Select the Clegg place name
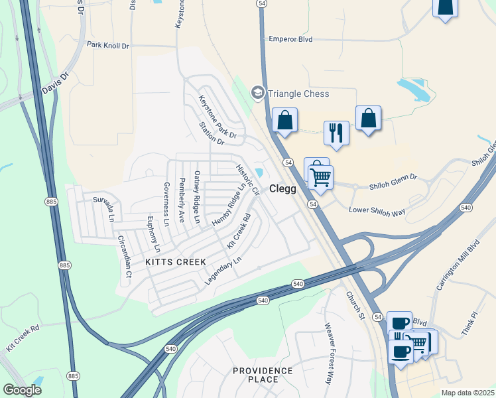tap(282, 188)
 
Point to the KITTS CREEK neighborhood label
tap(176, 262)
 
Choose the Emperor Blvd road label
tap(290, 39)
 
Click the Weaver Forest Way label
tap(329, 354)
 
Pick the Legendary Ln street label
tap(220, 273)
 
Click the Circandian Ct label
tap(124, 256)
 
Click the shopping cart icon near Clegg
tap(321, 177)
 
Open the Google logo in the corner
tap(22, 390)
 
